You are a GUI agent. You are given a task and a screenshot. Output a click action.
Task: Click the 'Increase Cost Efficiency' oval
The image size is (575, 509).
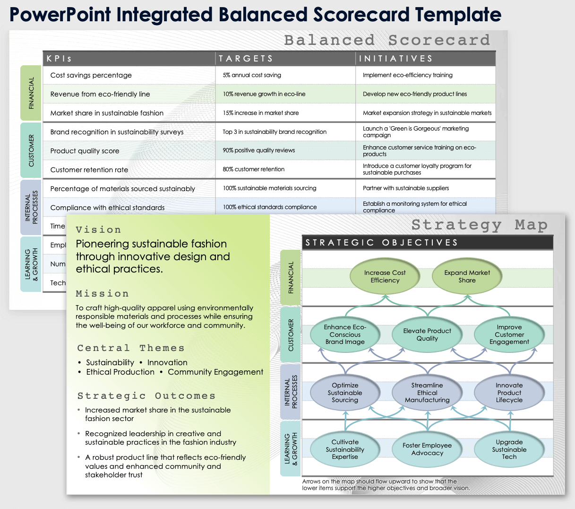tap(385, 277)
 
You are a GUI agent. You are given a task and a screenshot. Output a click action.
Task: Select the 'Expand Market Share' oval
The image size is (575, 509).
tap(467, 277)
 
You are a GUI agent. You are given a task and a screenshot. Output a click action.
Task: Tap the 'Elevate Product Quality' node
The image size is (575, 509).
tap(427, 335)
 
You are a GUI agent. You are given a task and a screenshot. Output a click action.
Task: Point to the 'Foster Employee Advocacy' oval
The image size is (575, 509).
tap(427, 449)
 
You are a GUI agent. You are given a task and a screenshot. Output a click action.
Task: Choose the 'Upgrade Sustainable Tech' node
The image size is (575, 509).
tap(509, 449)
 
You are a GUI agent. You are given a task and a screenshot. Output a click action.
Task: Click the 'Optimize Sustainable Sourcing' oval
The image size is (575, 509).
tap(345, 393)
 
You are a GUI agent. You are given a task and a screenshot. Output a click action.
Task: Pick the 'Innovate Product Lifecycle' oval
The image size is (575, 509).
tap(509, 393)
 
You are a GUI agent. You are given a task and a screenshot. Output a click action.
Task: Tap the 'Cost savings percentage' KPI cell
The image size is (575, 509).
tap(91, 75)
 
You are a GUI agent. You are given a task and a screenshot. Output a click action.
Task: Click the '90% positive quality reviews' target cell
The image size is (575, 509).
tap(259, 150)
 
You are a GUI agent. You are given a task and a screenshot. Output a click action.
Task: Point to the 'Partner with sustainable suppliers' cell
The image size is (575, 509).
tap(406, 188)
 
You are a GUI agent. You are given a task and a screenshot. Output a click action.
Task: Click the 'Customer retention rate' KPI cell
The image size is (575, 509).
tap(89, 170)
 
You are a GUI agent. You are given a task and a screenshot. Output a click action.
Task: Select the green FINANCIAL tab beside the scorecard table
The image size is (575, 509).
tap(31, 93)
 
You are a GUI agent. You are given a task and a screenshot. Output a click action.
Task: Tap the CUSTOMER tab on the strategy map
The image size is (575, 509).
tap(291, 335)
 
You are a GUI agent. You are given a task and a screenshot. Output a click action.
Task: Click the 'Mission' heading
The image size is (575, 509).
tap(102, 294)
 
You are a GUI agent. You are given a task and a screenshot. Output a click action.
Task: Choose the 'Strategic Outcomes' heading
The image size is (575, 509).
tap(146, 396)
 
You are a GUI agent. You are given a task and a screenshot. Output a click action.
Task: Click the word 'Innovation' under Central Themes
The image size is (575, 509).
tap(167, 362)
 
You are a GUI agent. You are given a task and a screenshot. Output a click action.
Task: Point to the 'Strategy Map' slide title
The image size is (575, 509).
tap(479, 225)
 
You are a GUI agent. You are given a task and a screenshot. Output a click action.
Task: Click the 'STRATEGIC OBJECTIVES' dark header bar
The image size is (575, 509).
tap(427, 243)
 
